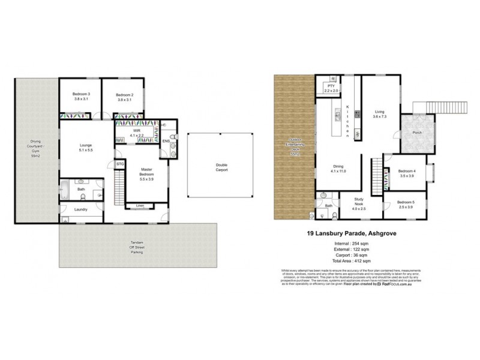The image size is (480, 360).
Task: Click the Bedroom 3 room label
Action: tap(81, 97)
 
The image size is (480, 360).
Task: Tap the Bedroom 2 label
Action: tap(124, 97)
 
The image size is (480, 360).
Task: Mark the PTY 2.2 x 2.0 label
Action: tap(331, 88)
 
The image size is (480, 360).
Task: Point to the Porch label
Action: tap(415, 133)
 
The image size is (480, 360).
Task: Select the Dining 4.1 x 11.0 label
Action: tap(339, 170)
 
